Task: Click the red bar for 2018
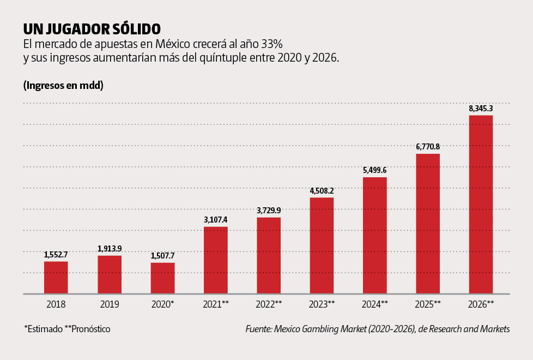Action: [x=56, y=278]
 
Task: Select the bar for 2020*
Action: [x=163, y=278]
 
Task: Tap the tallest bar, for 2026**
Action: [x=481, y=205]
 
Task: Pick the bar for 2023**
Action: [x=322, y=245]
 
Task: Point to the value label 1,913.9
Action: [x=110, y=249]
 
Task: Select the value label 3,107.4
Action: [x=216, y=220]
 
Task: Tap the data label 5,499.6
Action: [x=375, y=170]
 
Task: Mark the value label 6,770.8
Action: [x=428, y=147]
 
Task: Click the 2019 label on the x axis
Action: [x=110, y=304]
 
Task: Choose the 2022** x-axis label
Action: [x=269, y=304]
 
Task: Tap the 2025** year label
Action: [x=428, y=304]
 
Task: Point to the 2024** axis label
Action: [x=375, y=304]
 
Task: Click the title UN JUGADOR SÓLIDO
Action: [x=92, y=28]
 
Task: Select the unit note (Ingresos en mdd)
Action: [x=64, y=86]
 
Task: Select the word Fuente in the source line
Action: [x=258, y=329]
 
